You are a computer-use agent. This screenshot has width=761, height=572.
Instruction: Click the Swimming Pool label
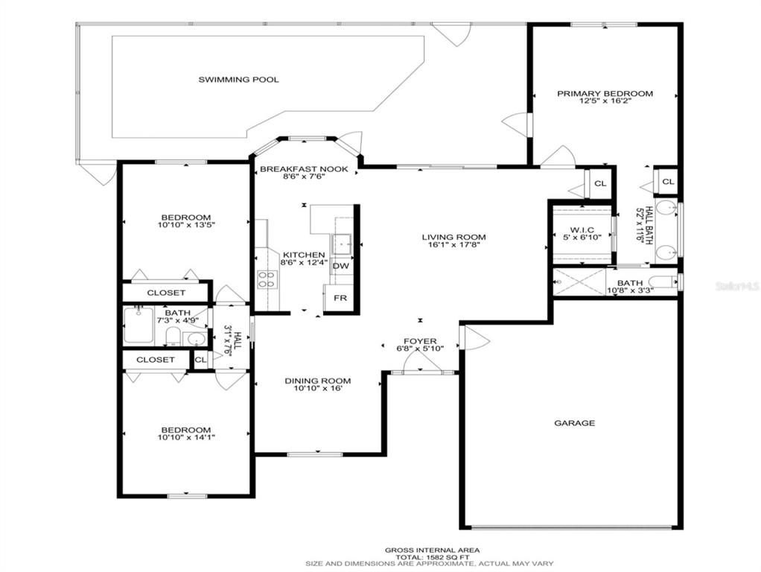coord(238,80)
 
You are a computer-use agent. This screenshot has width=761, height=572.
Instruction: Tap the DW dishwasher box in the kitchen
coord(340,266)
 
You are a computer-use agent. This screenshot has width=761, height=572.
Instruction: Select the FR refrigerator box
coord(340,298)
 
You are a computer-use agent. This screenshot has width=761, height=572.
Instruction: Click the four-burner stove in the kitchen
coord(266,280)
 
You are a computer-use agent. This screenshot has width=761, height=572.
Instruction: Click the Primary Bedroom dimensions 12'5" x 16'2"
coord(604,101)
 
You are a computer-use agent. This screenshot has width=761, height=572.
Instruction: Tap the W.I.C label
coord(582,230)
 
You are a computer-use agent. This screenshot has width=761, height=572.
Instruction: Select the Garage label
coord(575,424)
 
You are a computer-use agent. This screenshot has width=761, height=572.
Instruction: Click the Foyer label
coord(420,341)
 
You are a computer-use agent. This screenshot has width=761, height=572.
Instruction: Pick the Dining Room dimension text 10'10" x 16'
coord(318,389)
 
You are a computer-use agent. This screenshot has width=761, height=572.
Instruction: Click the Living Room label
coord(453,238)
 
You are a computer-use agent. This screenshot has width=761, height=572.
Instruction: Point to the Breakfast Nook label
coord(304,170)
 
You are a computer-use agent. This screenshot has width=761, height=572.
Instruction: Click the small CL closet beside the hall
coord(200,360)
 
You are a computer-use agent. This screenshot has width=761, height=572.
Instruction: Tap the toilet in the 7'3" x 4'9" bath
coord(173,336)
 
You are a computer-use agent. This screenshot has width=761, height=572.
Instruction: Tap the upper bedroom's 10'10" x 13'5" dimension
coord(186,226)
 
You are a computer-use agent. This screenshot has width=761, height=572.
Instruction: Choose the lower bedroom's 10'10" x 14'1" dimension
coord(186,437)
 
